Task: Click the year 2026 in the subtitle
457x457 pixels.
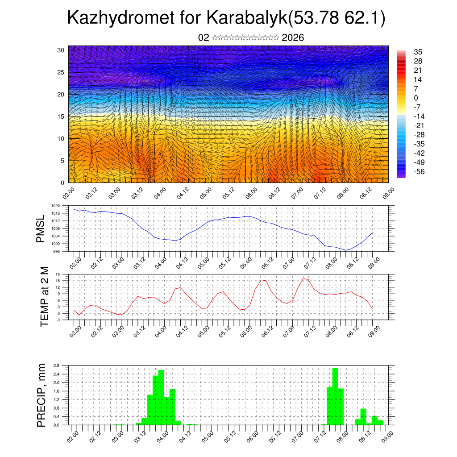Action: pos(293,37)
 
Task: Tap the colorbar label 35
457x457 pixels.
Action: pos(418,52)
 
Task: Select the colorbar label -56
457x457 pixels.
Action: pos(418,171)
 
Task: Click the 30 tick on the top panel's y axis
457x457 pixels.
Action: pos(61,50)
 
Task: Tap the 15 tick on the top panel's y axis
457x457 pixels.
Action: pos(61,116)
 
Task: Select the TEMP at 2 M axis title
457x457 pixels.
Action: pos(44,297)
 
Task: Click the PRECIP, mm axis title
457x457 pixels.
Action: pos(42,395)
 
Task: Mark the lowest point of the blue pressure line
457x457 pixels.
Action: pos(346,250)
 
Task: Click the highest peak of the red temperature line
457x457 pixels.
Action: pos(303,278)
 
